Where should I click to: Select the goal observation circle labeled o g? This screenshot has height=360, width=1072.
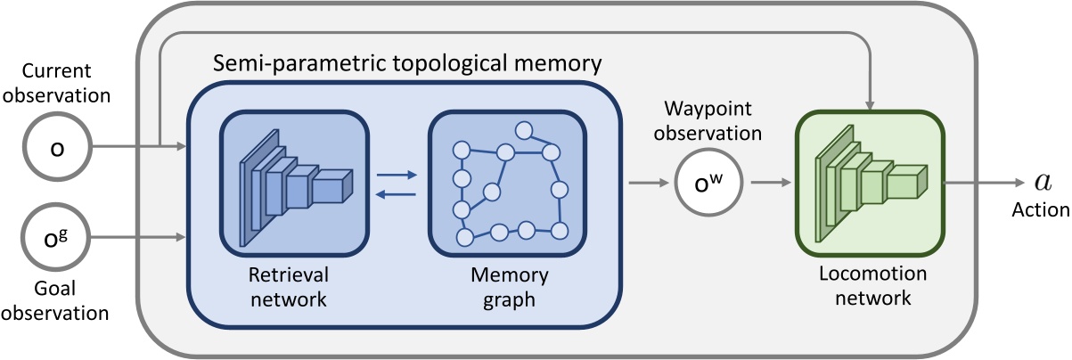[57, 239]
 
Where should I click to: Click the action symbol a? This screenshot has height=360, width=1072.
[1042, 183]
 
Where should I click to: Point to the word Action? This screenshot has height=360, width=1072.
[1040, 211]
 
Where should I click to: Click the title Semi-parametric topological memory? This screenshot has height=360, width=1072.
[407, 63]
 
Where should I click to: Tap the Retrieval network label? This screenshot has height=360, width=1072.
[294, 287]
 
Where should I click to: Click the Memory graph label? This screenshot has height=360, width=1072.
[503, 287]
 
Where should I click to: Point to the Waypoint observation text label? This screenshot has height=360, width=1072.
[713, 121]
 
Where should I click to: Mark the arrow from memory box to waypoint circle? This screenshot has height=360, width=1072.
[650, 184]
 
